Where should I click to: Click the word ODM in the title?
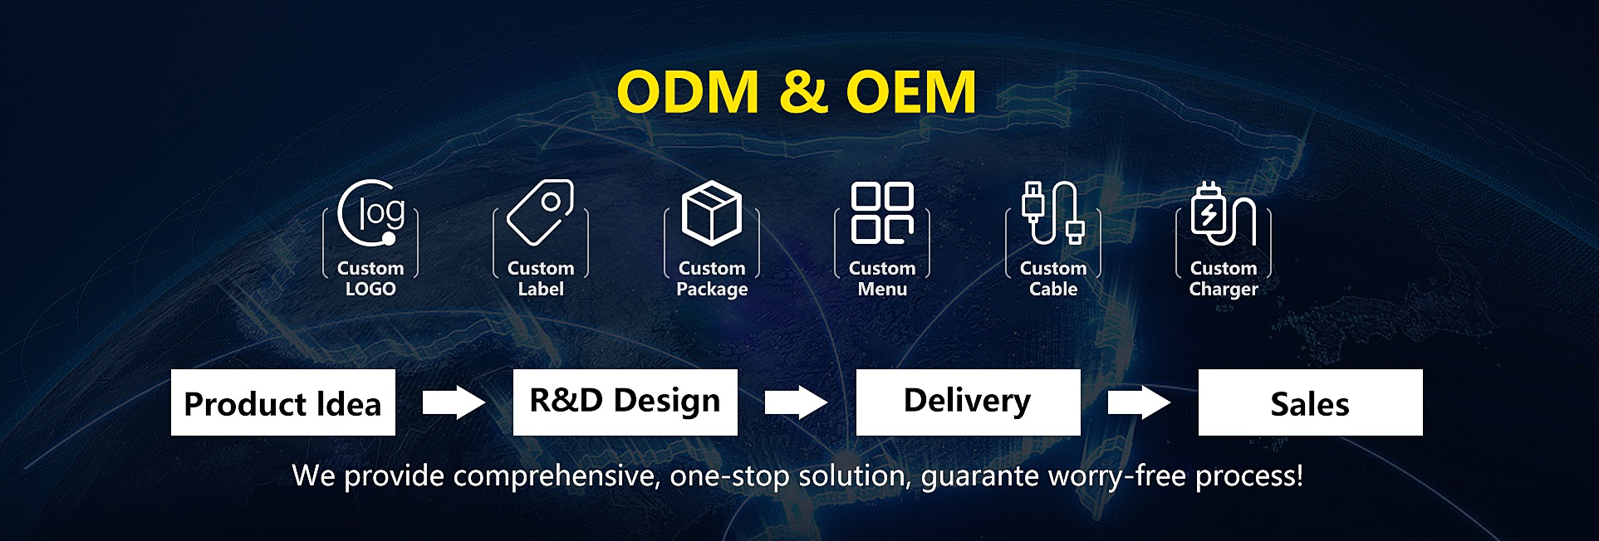click(x=688, y=91)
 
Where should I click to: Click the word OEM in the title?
click(x=910, y=91)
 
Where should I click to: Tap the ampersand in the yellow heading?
click(x=802, y=91)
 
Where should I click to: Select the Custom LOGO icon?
click(x=370, y=213)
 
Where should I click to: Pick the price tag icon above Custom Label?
click(x=541, y=212)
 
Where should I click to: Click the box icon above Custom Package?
click(x=712, y=213)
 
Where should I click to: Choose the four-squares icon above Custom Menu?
click(x=882, y=213)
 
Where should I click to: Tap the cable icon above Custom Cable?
click(x=1053, y=213)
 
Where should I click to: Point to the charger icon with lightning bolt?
click(x=1223, y=214)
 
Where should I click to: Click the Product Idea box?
click(x=283, y=402)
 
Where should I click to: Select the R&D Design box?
click(x=625, y=402)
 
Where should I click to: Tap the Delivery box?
click(x=968, y=402)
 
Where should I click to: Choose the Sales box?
click(x=1310, y=402)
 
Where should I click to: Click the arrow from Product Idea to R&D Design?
click(x=454, y=402)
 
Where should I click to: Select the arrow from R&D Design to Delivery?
click(x=796, y=402)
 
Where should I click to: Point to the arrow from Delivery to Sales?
click(x=1139, y=402)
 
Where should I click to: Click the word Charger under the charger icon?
click(x=1224, y=290)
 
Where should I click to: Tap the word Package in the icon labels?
click(x=712, y=290)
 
